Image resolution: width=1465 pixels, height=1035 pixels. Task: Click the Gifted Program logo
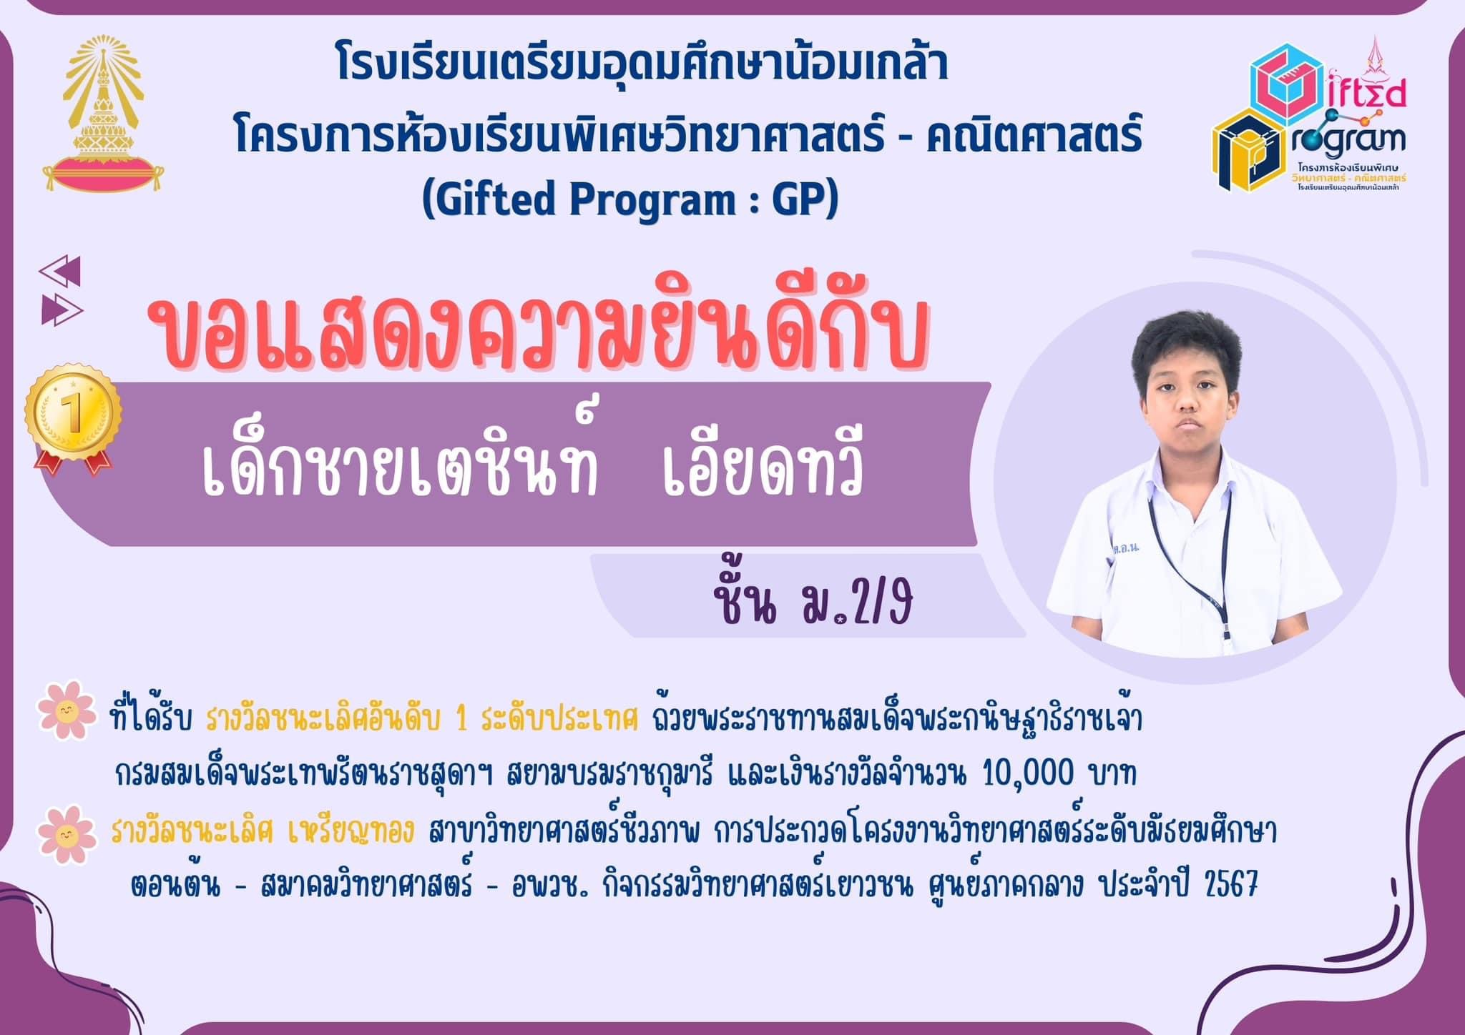pyautogui.click(x=1309, y=114)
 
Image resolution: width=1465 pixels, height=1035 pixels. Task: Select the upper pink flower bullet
pyautogui.click(x=67, y=710)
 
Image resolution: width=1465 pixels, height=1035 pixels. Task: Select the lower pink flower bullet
pyautogui.click(x=67, y=834)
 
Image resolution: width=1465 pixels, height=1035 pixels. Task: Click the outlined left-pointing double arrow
pyautogui.click(x=60, y=270)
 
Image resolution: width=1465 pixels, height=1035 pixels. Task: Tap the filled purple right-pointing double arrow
pyautogui.click(x=62, y=309)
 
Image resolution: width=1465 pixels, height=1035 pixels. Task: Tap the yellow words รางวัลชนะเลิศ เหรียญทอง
pyautogui.click(x=263, y=831)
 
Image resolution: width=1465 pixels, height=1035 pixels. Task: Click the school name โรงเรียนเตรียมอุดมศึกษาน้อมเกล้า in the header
pyautogui.click(x=642, y=64)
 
